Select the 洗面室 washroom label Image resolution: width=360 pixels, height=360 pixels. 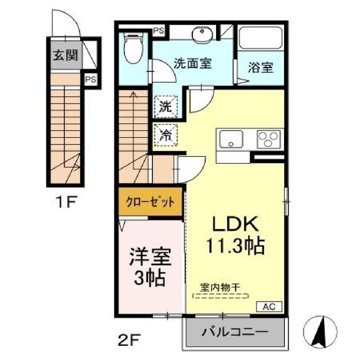click(192, 63)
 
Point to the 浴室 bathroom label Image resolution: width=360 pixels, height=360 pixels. click(260, 67)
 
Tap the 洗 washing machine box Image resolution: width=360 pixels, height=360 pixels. click(165, 105)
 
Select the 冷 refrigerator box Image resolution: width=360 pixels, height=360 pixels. click(165, 134)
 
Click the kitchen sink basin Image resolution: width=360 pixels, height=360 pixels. click(230, 139)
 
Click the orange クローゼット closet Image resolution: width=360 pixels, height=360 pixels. click(150, 202)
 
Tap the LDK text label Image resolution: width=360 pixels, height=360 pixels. click(235, 224)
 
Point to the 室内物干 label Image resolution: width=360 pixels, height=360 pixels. click(220, 287)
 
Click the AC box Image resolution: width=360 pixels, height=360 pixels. click(268, 307)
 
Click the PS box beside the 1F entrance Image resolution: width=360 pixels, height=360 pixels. click(90, 80)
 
